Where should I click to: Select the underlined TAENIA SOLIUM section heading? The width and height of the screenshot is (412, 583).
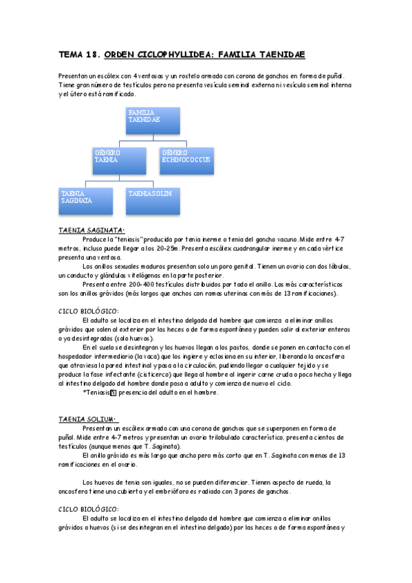(x=88, y=417)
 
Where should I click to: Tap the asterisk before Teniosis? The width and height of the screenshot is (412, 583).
(x=83, y=393)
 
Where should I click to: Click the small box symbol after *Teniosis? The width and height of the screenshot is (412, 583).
(x=113, y=393)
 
